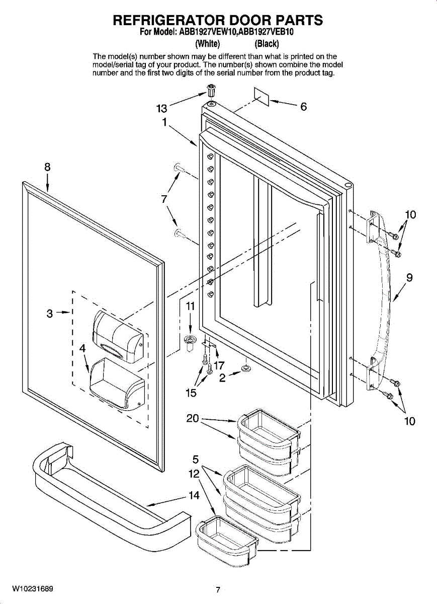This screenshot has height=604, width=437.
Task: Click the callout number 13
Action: click(x=161, y=108)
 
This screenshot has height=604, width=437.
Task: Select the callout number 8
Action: click(x=47, y=168)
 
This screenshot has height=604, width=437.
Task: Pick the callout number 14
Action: click(x=194, y=495)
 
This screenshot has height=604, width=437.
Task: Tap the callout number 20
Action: click(x=193, y=418)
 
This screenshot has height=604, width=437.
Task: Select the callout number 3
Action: click(x=49, y=314)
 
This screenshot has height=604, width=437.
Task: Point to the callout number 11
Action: click(x=190, y=306)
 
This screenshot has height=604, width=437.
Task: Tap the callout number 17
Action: click(x=219, y=365)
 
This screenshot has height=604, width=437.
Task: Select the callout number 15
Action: click(x=191, y=393)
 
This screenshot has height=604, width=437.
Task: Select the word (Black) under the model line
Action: click(x=267, y=43)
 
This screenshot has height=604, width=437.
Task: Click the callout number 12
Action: click(x=194, y=474)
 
